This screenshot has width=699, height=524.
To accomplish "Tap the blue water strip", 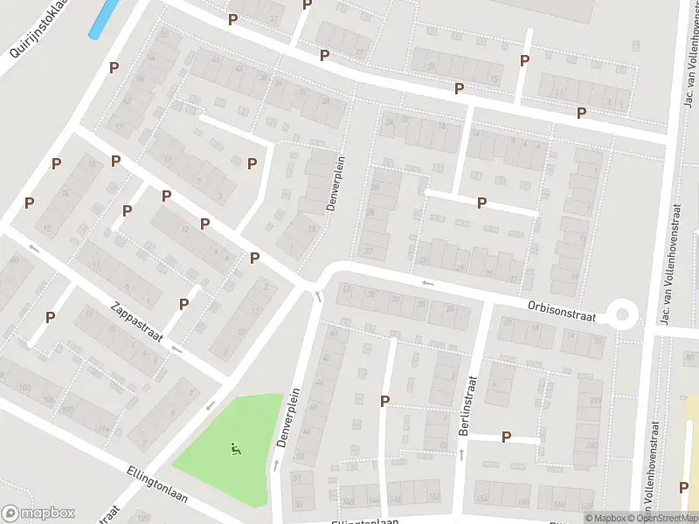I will tap(104, 18).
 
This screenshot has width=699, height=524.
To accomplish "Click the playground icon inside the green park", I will tap(235, 450).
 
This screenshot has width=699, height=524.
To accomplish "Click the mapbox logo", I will tap(38, 514).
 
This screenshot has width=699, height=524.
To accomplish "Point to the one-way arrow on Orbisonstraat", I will tap(427, 282).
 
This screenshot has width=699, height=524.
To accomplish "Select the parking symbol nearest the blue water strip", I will tap(114, 67).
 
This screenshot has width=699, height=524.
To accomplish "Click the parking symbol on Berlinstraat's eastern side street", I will tap(506, 437).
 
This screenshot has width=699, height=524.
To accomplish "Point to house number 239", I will tap(596, 401).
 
